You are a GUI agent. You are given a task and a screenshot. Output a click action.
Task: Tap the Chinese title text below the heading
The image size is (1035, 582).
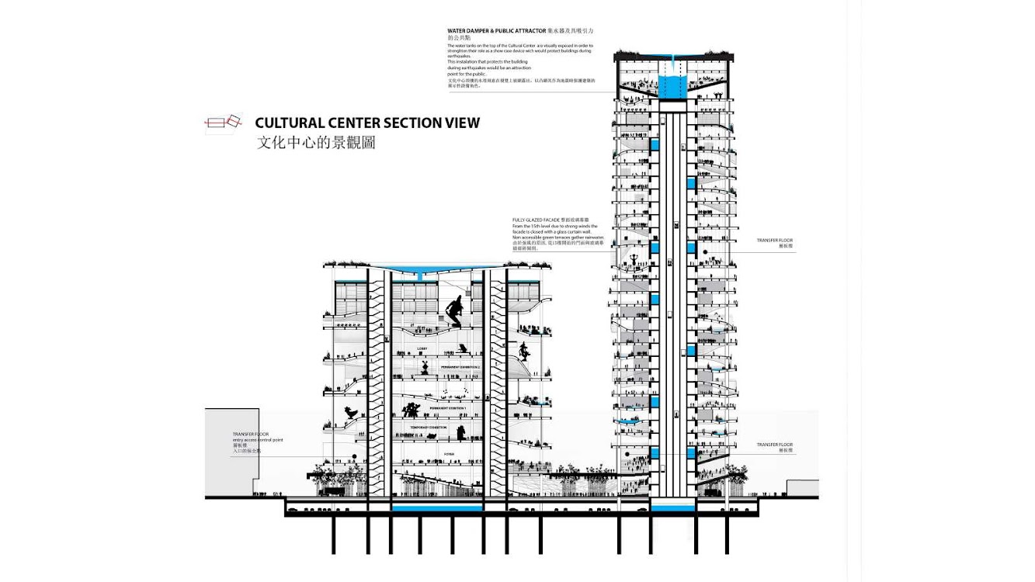pyautogui.click(x=315, y=144)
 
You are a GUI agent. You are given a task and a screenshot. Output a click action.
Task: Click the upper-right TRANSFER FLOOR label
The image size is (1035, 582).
pyautogui.click(x=775, y=241)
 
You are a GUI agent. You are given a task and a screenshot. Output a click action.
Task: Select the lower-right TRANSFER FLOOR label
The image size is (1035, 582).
pyautogui.click(x=775, y=445)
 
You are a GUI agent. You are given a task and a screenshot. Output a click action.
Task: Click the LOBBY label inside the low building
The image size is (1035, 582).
pyautogui.click(x=422, y=348)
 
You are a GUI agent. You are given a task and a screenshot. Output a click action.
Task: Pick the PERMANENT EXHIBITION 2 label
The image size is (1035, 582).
pyautogui.click(x=439, y=366)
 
